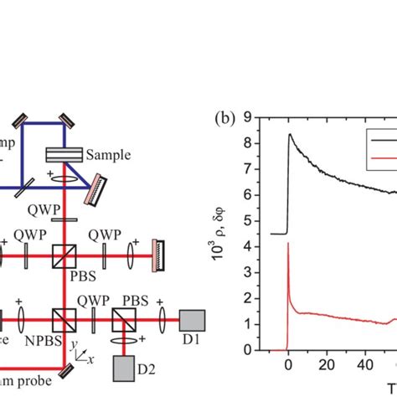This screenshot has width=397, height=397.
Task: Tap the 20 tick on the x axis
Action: point(327,365)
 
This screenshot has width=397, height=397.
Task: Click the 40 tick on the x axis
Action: point(367,365)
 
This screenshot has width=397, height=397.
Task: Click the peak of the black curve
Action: point(290,134)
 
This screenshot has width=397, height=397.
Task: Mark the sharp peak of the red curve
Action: point(288,243)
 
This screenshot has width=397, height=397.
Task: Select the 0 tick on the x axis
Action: point(288,365)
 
